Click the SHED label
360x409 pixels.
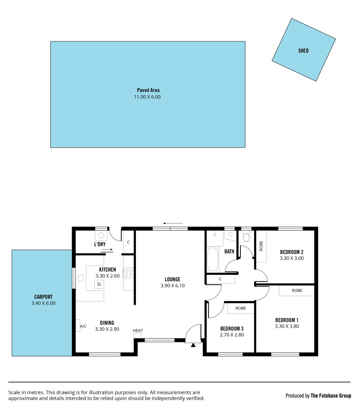pos(303,51)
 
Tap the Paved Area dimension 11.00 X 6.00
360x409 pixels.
pos(148,97)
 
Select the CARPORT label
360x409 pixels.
pos(43,297)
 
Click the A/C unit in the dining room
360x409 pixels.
pos(83,326)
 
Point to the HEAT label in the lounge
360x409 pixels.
pos(138,331)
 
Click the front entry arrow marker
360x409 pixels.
pos(193,345)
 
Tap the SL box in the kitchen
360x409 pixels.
pos(99,284)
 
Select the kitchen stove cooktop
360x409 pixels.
pos(128,273)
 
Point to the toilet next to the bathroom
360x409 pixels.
pos(246,237)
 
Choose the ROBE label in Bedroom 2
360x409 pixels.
pos(261,246)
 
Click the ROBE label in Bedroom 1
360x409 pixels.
pos(297,291)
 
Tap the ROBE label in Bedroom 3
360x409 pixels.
pos(241,308)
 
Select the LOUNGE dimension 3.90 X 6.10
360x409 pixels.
pos(173,286)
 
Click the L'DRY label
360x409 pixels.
pos(100,244)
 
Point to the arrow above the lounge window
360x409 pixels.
pos(173,223)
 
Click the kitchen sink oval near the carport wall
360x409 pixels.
pos(81,278)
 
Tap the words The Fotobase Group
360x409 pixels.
pos(330,396)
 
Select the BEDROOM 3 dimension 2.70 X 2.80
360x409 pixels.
pos(232,335)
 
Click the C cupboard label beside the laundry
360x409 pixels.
pos(128,242)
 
